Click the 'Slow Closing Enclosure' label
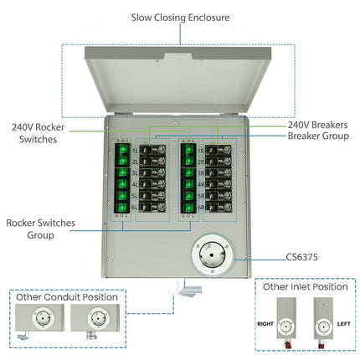[179, 16]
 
